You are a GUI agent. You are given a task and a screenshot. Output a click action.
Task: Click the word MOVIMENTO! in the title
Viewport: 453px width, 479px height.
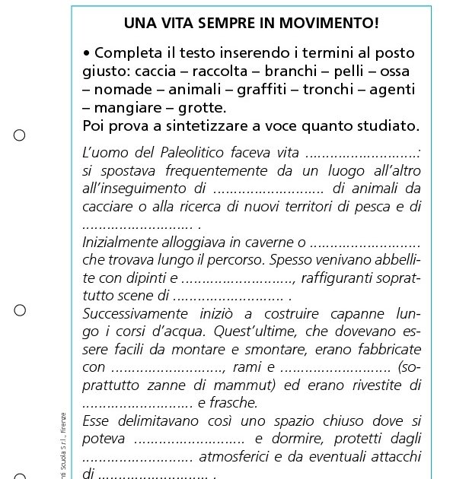[328, 23]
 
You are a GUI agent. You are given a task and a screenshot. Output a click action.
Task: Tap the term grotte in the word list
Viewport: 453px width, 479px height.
[200, 107]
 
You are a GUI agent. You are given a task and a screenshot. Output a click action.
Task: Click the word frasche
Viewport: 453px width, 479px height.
[232, 403]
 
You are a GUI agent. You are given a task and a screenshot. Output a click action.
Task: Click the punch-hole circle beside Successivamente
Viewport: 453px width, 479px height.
[20, 309]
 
